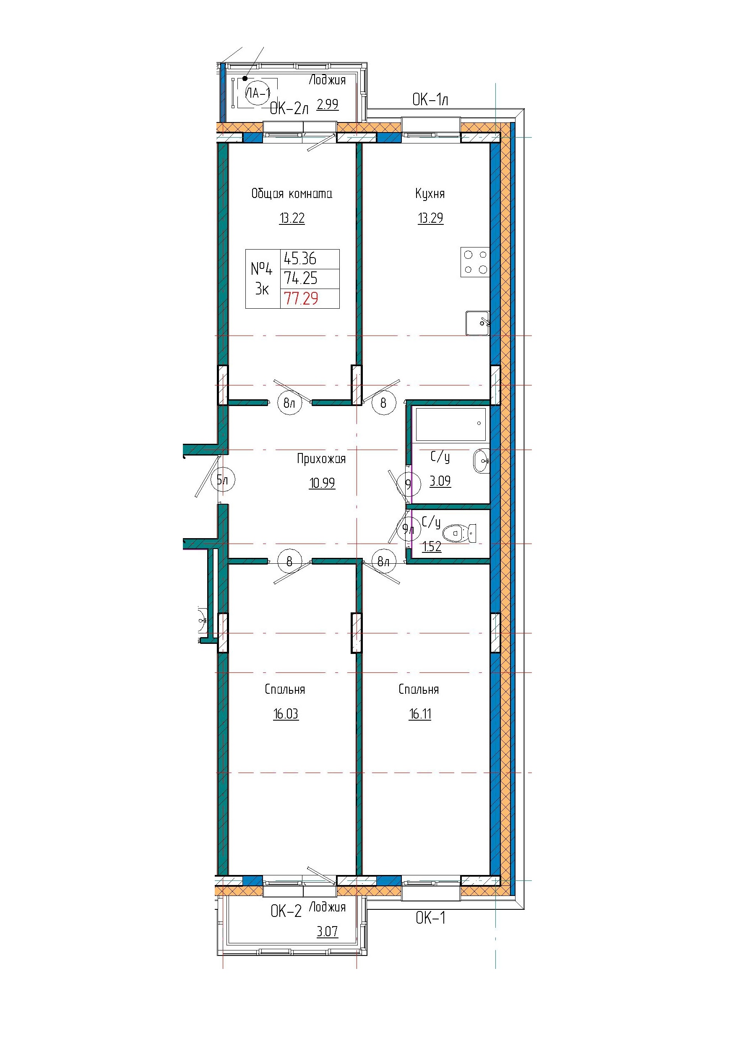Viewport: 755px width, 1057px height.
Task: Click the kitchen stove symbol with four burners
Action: pyautogui.click(x=475, y=262)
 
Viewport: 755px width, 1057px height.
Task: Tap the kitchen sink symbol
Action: pyautogui.click(x=477, y=323)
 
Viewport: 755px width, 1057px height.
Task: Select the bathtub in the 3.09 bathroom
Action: pyautogui.click(x=450, y=424)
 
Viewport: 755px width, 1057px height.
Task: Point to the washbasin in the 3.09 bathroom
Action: pyautogui.click(x=482, y=461)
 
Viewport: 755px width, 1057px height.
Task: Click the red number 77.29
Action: pyautogui.click(x=301, y=298)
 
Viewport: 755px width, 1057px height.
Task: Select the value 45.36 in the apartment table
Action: pyautogui.click(x=300, y=258)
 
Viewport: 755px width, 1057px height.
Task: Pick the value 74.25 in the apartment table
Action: pyautogui.click(x=301, y=279)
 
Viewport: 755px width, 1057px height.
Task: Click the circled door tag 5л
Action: pyautogui.click(x=223, y=480)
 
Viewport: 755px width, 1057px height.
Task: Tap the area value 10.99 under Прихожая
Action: pyautogui.click(x=322, y=483)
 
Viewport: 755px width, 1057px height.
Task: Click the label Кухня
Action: pyautogui.click(x=430, y=194)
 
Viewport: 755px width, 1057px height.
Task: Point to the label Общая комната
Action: pyautogui.click(x=292, y=194)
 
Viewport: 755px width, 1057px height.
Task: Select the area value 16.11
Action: pyautogui.click(x=420, y=714)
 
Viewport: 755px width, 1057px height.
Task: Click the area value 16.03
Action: pyautogui.click(x=286, y=714)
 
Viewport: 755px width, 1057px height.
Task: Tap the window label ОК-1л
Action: pyautogui.click(x=430, y=99)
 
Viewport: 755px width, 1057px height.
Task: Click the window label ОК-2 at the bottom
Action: pyautogui.click(x=286, y=911)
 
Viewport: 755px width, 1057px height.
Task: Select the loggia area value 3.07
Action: pyautogui.click(x=327, y=932)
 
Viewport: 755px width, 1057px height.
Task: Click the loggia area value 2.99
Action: pyautogui.click(x=327, y=104)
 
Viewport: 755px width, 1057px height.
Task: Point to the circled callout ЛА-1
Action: pyautogui.click(x=258, y=94)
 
